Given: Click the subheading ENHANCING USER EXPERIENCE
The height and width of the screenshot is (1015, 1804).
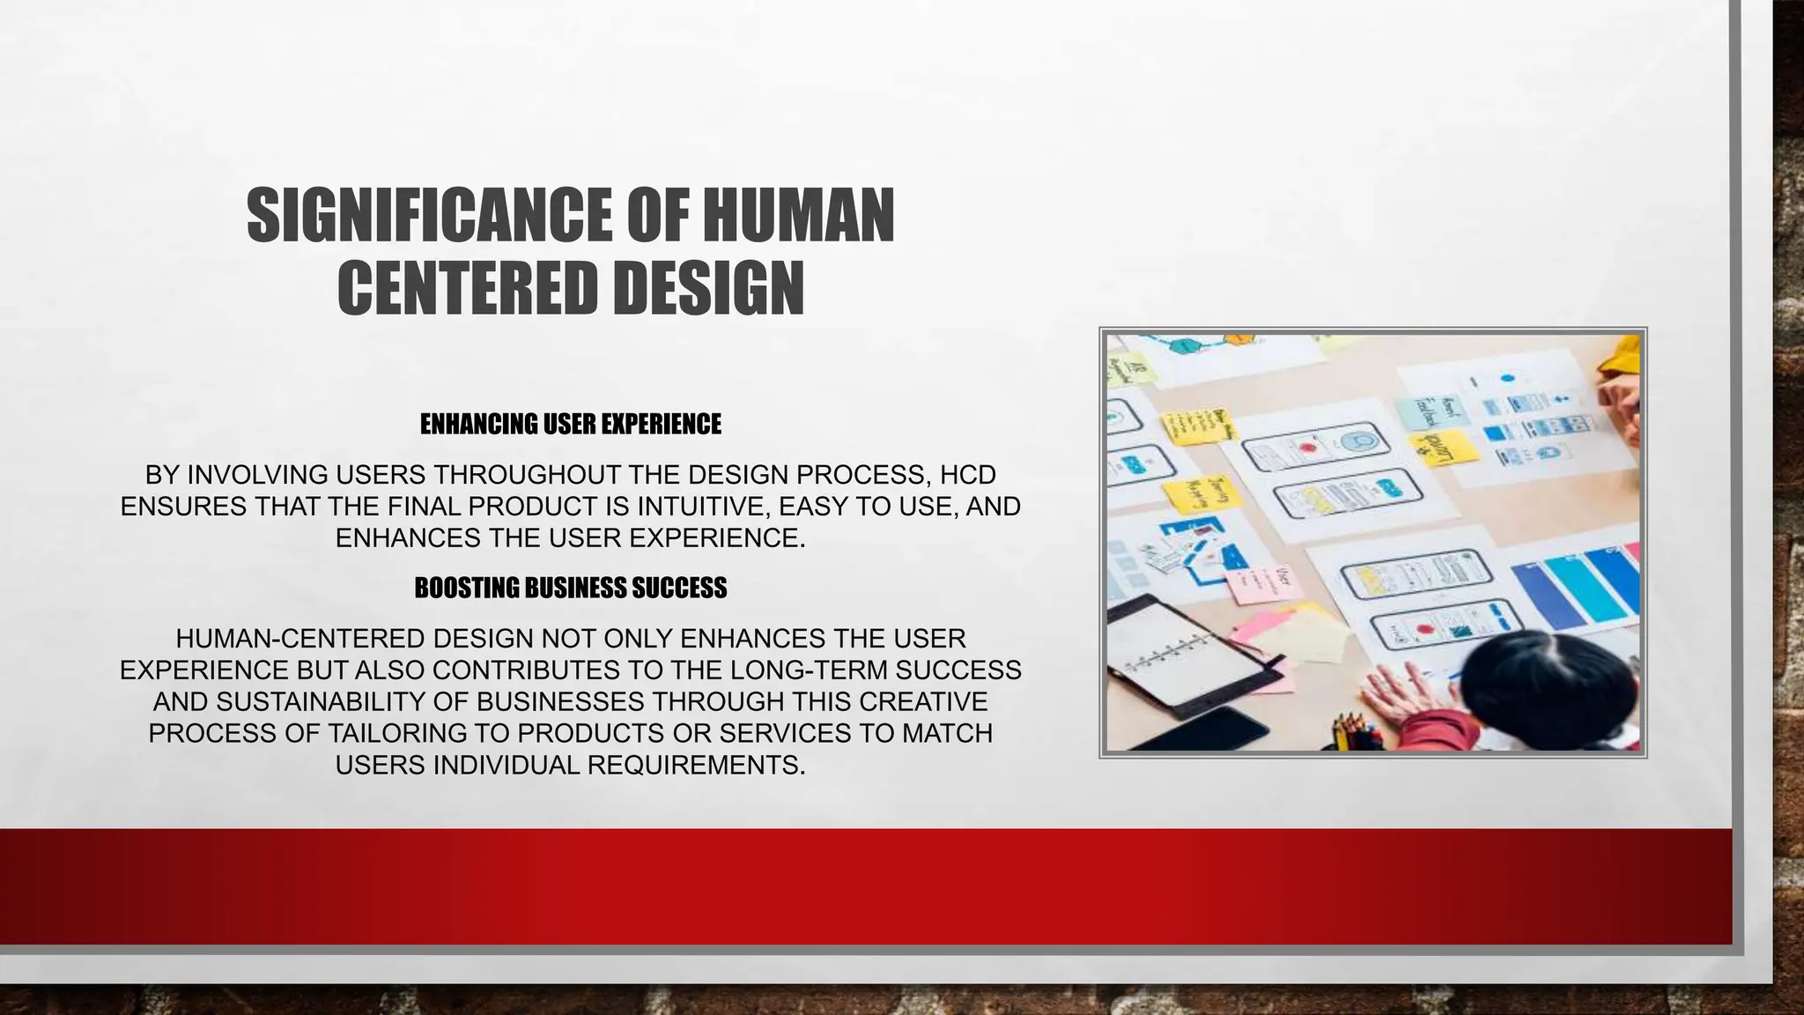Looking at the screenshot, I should pyautogui.click(x=570, y=425).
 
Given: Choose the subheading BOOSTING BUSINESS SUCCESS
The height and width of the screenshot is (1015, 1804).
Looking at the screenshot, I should pyautogui.click(x=570, y=589).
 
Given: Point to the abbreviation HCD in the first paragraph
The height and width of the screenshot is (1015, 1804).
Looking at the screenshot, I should pyautogui.click(x=967, y=475).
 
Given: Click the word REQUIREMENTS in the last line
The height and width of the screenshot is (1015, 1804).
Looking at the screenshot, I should pyautogui.click(x=696, y=766).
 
